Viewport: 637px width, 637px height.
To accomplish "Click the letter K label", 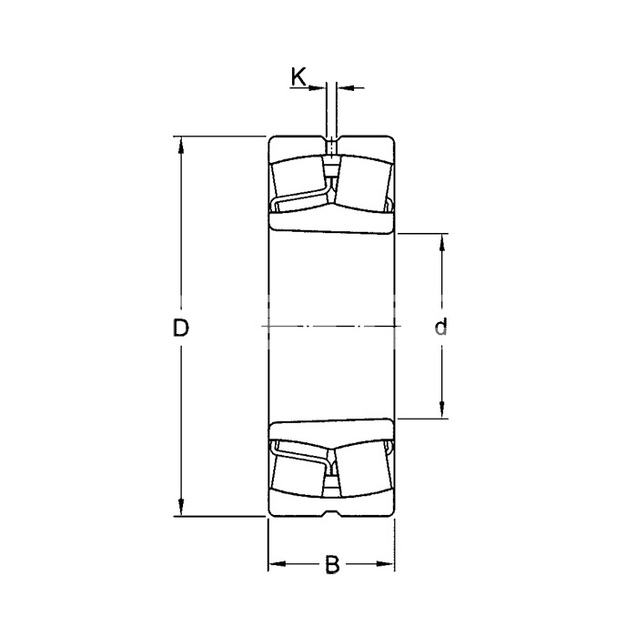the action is tap(298, 76).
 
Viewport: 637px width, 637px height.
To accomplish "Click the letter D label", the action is tap(181, 328).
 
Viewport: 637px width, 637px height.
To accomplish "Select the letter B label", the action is tap(332, 564).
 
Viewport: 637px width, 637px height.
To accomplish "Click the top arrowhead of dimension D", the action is tap(181, 145).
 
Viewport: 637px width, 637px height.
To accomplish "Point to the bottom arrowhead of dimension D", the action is tap(181, 508).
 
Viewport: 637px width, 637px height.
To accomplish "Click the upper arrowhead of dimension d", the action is tap(442, 243).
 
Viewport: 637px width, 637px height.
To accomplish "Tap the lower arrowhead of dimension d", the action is tap(442, 409).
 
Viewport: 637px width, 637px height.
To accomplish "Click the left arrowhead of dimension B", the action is tap(278, 564).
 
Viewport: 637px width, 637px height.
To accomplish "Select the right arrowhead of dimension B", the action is tap(385, 564).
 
